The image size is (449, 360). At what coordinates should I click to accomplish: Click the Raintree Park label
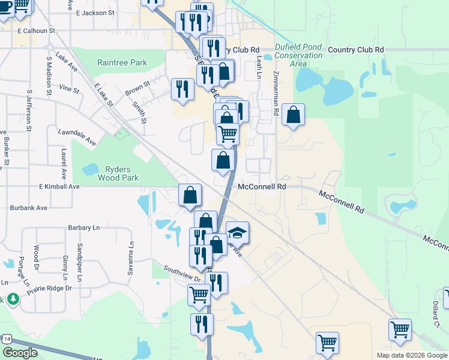122,62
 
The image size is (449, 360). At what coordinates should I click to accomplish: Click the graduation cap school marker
237,232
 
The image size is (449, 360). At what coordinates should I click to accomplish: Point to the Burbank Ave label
29,208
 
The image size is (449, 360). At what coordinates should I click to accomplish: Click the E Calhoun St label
36,30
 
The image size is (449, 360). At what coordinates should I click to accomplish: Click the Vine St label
70,89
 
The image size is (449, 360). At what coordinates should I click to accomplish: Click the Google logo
20,353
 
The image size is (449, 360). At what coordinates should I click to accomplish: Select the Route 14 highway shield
7,339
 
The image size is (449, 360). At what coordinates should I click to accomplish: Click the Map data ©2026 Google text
412,355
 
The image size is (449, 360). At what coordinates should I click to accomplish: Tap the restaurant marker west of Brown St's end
181,89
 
